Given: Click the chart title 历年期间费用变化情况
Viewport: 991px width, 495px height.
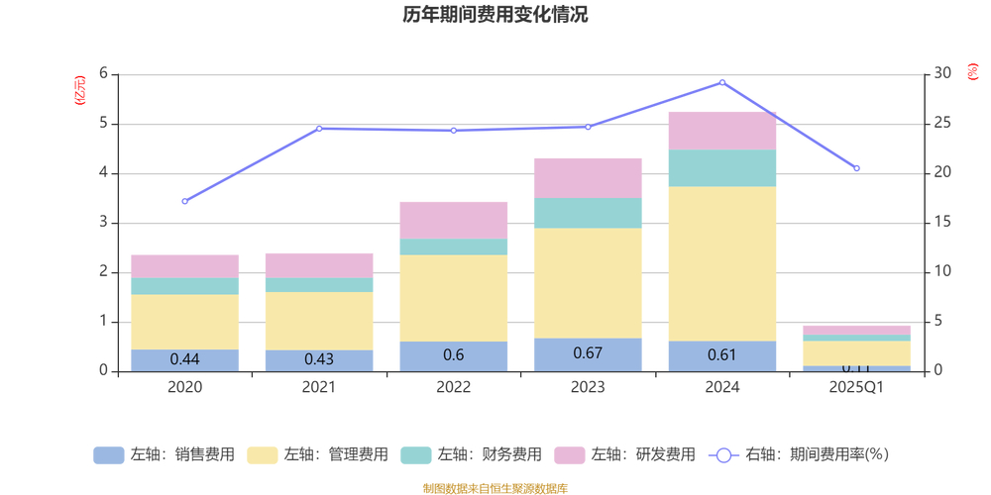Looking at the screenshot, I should (495, 15).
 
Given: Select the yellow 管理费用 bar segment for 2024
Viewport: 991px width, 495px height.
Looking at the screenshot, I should (722, 263).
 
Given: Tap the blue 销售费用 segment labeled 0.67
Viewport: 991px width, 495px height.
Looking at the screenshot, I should (588, 354).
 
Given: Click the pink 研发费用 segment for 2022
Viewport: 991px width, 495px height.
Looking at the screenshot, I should (454, 220).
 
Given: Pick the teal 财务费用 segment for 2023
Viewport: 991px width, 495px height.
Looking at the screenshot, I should (588, 213).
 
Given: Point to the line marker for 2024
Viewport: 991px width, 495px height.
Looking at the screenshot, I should (722, 83).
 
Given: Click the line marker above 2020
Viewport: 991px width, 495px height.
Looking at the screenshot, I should (185, 201).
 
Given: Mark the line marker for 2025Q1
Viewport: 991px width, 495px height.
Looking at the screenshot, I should (856, 168).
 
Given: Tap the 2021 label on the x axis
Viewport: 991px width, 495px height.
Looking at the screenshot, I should (319, 387).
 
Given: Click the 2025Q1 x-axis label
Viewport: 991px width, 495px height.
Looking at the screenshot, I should (856, 387).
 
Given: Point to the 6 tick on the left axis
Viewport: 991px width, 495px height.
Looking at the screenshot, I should (103, 74).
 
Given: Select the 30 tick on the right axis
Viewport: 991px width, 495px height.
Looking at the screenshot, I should (943, 74).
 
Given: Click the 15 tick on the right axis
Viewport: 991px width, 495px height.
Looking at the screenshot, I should (943, 223).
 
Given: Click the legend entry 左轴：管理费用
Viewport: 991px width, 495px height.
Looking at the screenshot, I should (318, 455).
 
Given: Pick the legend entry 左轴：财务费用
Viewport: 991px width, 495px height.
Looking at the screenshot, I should (472, 455).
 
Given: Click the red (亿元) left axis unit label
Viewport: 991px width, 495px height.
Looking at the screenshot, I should (80, 91).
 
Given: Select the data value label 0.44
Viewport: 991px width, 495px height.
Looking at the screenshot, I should (185, 359).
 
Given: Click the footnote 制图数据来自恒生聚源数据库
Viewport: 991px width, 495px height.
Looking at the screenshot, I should (495, 488).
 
